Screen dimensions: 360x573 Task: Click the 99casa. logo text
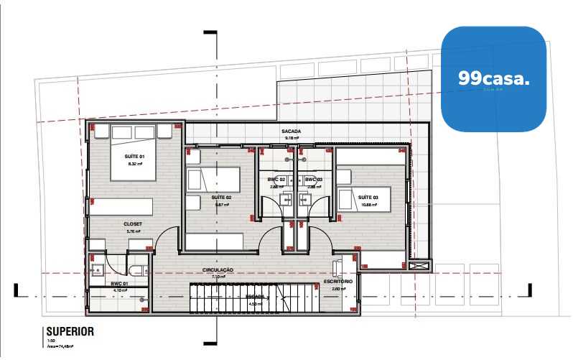click(x=493, y=80)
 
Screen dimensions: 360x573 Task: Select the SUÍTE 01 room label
click(x=135, y=157)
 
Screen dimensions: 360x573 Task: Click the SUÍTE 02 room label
click(x=221, y=197)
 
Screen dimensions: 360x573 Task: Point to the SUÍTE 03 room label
click(x=368, y=197)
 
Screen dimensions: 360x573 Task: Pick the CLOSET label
click(x=133, y=223)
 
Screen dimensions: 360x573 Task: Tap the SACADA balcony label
click(x=291, y=131)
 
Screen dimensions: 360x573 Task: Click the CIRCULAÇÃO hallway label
click(x=218, y=270)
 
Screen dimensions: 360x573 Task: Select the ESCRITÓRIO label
click(x=337, y=282)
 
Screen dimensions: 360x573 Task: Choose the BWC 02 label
click(x=277, y=179)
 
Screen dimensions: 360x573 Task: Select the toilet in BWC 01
click(x=137, y=269)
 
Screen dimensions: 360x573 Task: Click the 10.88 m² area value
click(x=368, y=204)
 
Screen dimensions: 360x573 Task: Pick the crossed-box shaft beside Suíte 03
click(x=420, y=265)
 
